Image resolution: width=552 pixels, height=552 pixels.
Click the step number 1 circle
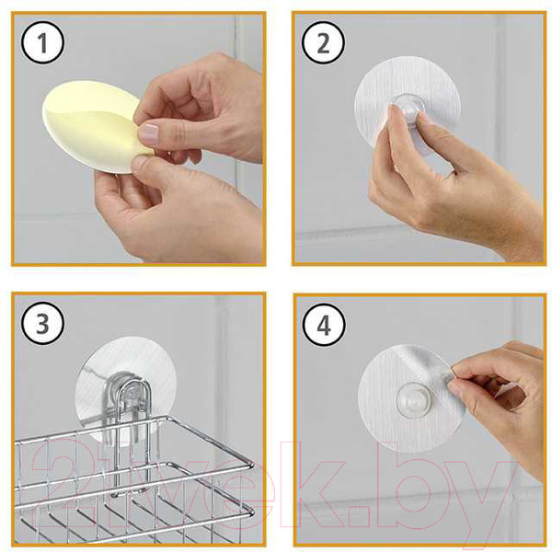point(42,42)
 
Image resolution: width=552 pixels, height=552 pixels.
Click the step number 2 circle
point(323,42)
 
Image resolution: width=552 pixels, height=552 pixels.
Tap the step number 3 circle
point(42,323)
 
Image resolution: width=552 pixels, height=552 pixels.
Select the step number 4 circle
point(324,325)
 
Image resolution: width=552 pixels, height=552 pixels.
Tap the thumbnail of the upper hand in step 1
point(149,134)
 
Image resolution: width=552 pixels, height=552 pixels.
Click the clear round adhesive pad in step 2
point(407,102)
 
